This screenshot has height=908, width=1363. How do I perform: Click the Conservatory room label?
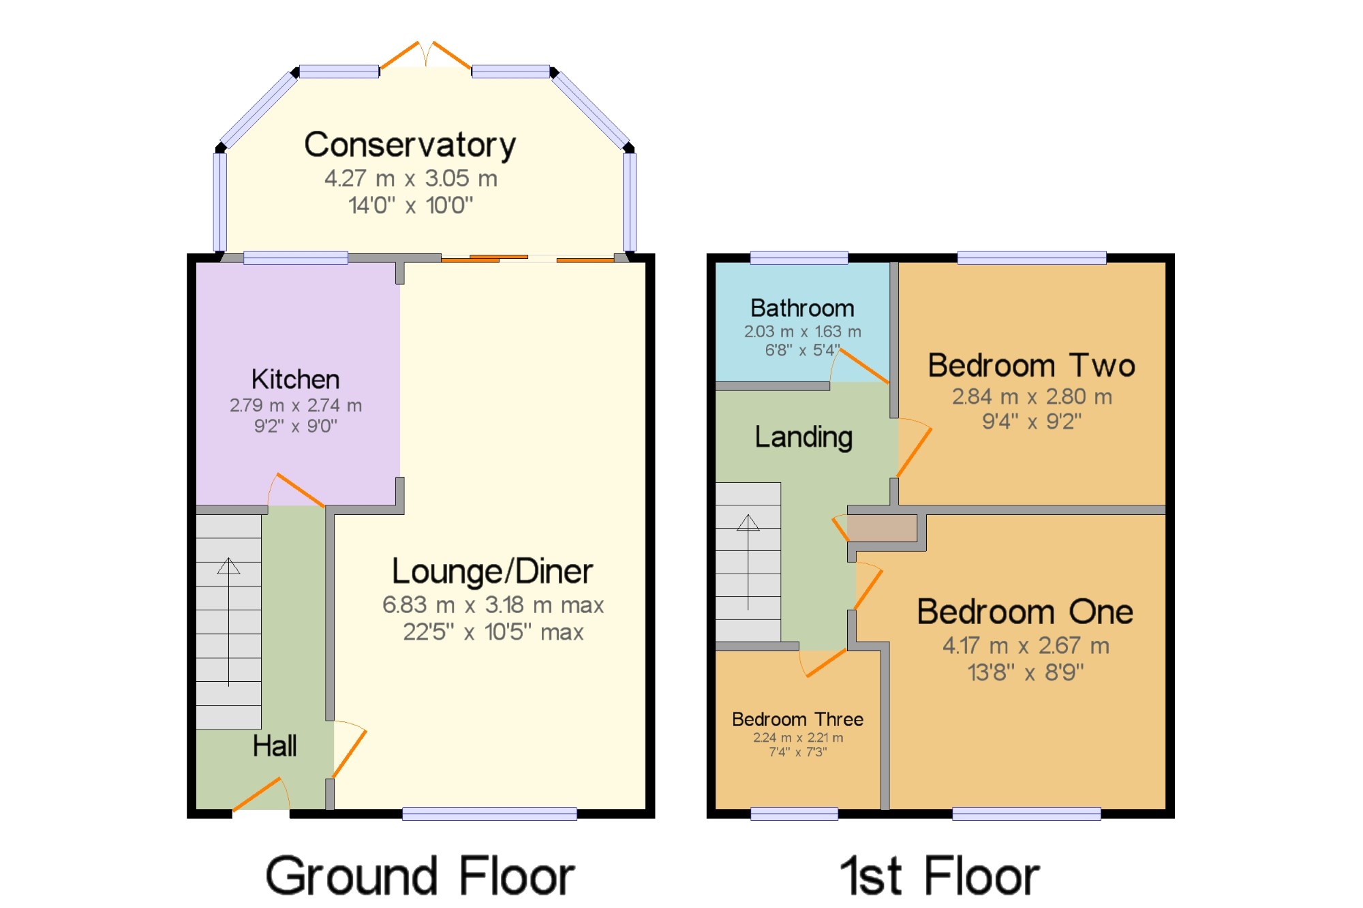click(x=410, y=145)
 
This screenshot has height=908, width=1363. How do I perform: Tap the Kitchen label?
click(x=295, y=379)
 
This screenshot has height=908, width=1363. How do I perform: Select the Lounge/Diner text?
click(x=492, y=572)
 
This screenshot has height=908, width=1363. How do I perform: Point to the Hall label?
click(x=275, y=746)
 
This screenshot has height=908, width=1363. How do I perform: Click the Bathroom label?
click(x=802, y=309)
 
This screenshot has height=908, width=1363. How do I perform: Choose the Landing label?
click(x=803, y=437)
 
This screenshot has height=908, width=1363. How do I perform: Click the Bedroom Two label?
click(x=1031, y=366)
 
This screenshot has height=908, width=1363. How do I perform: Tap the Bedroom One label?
click(x=1025, y=612)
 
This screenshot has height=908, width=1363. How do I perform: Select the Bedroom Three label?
click(x=797, y=719)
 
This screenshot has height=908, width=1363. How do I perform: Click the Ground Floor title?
click(x=420, y=876)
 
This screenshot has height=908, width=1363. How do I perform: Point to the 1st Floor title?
click(x=939, y=876)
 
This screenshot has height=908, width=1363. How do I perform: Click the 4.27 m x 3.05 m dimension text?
click(x=411, y=178)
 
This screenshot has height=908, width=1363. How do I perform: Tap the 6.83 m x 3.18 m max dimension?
click(x=493, y=605)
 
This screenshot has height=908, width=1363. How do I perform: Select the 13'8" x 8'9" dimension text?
click(x=1026, y=673)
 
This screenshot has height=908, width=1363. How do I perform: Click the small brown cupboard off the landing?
click(x=882, y=528)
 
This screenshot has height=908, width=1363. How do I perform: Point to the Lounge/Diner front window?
click(x=489, y=813)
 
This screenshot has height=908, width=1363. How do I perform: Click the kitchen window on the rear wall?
click(x=296, y=257)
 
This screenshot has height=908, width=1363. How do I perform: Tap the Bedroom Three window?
click(x=794, y=813)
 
